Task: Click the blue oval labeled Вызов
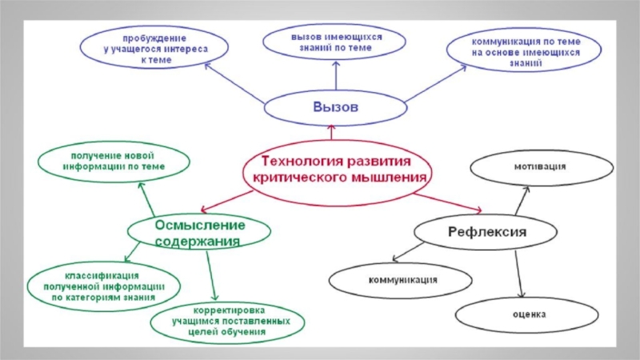point(335,106)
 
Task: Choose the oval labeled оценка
point(530,314)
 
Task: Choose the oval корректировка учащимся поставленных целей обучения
point(229,321)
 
